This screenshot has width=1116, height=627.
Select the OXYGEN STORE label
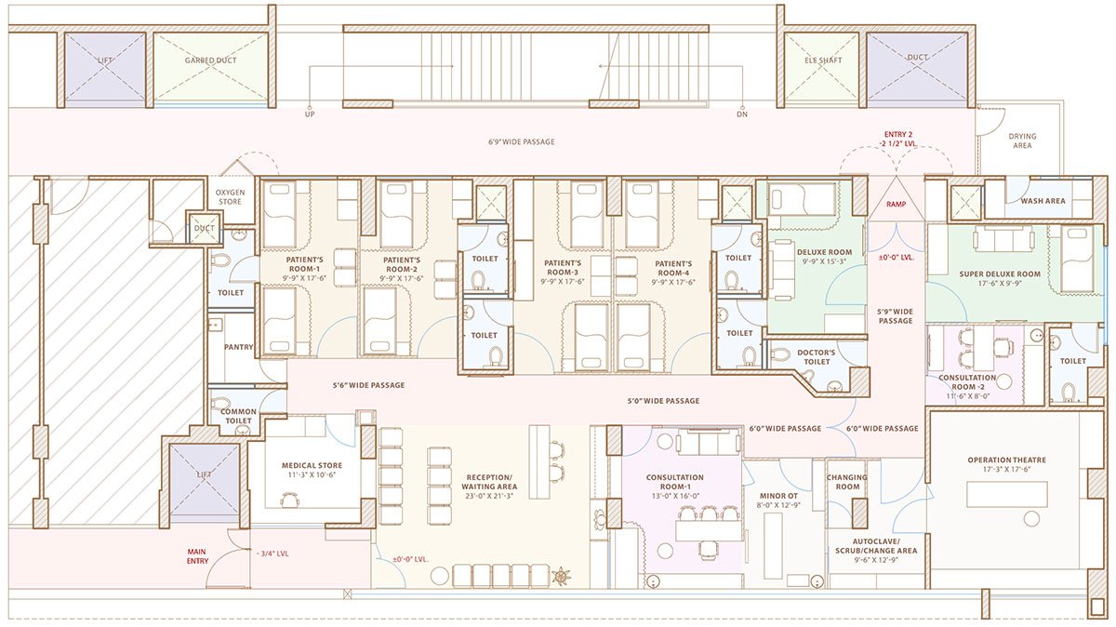click(230, 196)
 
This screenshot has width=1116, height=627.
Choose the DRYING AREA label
click(1022, 141)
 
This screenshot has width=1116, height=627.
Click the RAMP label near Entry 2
click(897, 203)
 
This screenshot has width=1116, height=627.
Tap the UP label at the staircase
click(310, 115)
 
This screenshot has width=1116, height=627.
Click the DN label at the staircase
click(741, 115)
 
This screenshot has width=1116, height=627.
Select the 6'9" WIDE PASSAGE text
click(521, 142)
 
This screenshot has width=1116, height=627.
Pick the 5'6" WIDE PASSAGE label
click(368, 385)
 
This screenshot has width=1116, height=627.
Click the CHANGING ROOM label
click(847, 482)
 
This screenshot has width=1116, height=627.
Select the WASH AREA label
click(1043, 201)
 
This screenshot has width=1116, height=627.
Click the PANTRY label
click(239, 347)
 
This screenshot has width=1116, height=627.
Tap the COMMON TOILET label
click(238, 416)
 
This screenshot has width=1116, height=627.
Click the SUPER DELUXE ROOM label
click(996, 274)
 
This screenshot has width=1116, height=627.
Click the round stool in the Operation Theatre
click(1031, 518)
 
